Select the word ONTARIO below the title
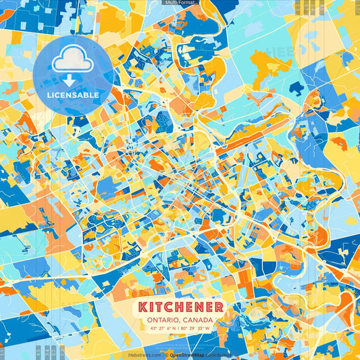(x=164, y=320)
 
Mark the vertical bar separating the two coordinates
(x=180, y=329)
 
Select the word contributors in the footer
(x=220, y=355)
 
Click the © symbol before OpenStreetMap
(x=166, y=355)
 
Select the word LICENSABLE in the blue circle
(x=72, y=95)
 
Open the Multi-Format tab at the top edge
(x=180, y=3)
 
